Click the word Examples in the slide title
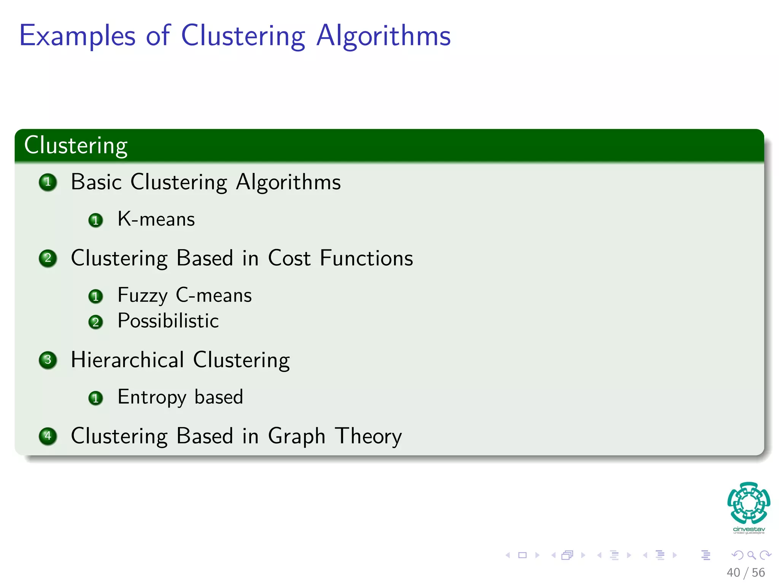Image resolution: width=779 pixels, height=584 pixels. point(77,36)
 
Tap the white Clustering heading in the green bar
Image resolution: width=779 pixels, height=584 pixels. point(76,146)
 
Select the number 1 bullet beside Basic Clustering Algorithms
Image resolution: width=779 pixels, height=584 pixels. point(48,182)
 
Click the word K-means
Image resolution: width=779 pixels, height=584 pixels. point(156,219)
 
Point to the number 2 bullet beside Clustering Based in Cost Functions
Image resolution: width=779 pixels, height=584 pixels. point(48,259)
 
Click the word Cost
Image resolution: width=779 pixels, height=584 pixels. point(289,258)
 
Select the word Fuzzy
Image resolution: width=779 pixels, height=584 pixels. point(142,295)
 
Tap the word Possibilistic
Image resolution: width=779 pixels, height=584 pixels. point(168,321)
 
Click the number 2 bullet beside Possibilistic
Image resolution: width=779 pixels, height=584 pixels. point(95,322)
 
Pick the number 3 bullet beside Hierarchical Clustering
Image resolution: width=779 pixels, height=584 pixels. point(48,360)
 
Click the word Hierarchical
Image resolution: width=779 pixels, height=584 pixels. point(127,360)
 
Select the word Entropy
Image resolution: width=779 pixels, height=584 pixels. point(152,398)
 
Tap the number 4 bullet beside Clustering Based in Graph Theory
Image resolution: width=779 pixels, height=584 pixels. point(48,436)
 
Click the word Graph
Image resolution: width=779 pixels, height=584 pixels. point(297,436)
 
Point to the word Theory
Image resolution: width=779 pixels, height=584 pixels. point(368,436)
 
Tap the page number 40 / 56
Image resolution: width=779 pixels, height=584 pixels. point(746,573)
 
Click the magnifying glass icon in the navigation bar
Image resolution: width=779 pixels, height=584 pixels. point(751,555)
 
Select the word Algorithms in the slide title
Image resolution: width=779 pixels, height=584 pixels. point(383,36)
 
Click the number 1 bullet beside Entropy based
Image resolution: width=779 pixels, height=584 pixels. point(95,398)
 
